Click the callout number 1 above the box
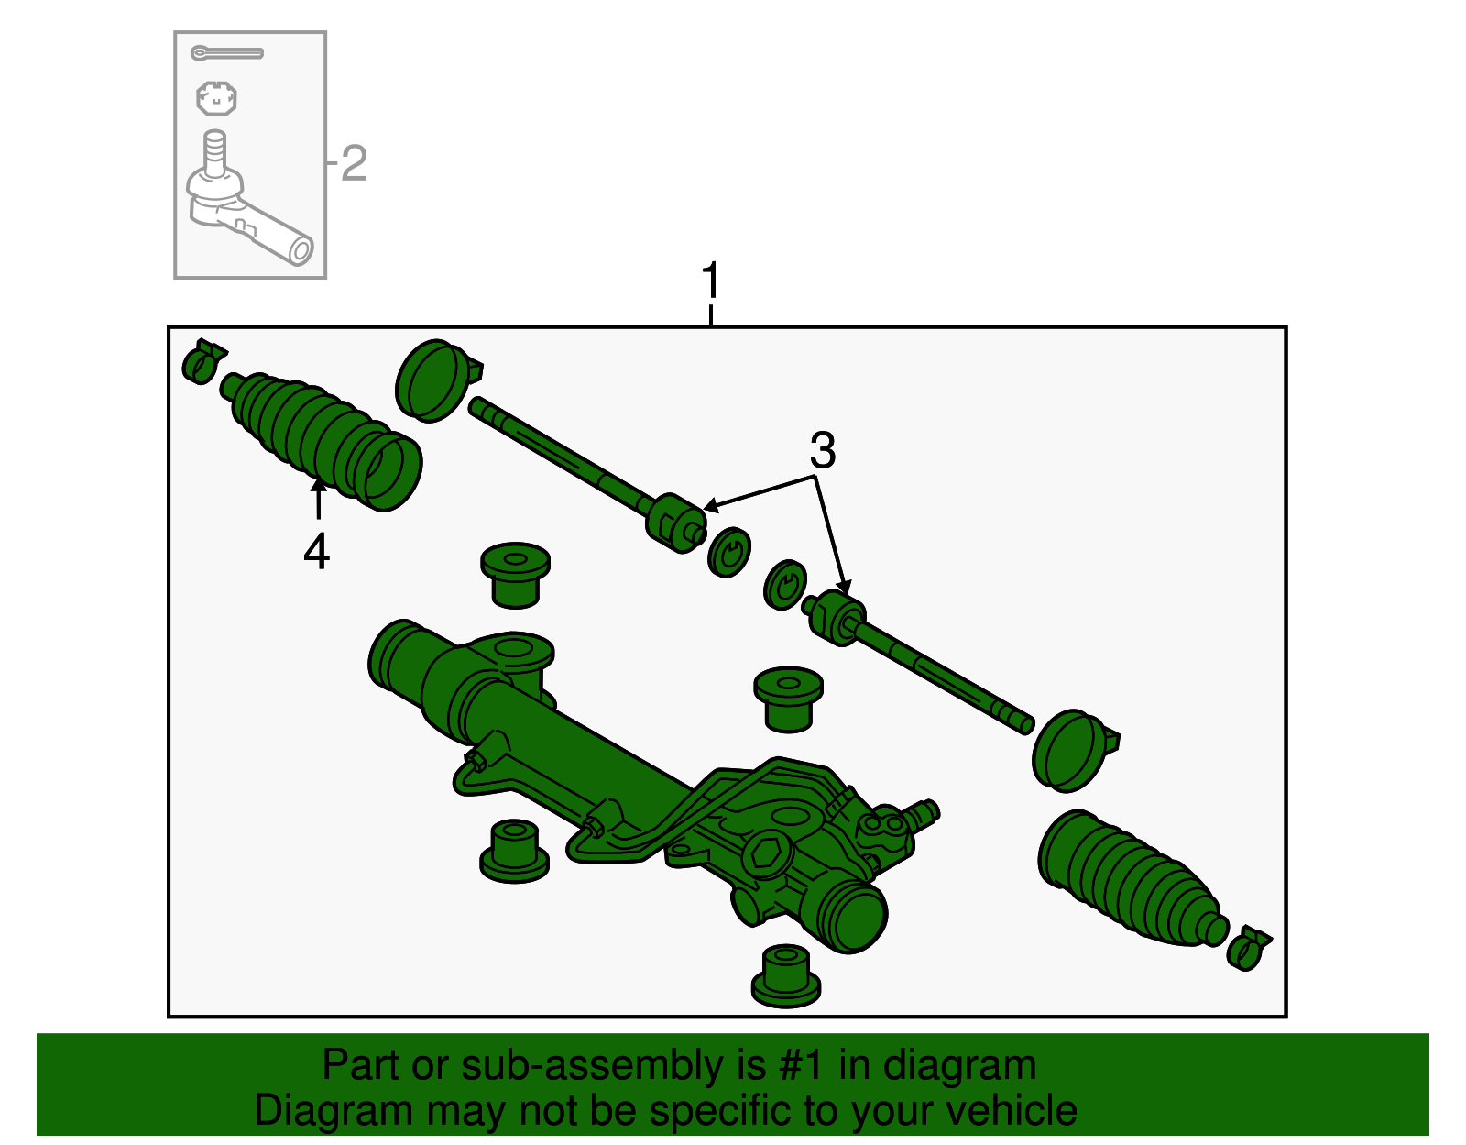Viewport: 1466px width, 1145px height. (711, 281)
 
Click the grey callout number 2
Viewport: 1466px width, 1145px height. (354, 164)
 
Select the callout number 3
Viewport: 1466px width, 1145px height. (822, 451)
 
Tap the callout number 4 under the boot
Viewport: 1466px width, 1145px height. (316, 552)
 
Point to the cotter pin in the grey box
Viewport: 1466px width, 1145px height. (226, 53)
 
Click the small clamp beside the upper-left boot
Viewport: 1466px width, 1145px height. (202, 361)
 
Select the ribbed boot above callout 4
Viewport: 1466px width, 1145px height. (321, 435)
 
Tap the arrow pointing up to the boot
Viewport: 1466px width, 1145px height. (318, 500)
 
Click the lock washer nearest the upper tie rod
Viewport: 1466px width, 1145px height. (729, 552)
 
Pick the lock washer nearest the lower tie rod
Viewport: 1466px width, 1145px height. (785, 585)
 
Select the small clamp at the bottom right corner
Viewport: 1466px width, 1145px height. (1248, 948)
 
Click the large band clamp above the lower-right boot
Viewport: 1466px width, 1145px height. (1072, 750)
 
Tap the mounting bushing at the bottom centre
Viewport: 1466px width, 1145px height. (785, 975)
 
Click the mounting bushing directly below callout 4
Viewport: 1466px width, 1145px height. (515, 575)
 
